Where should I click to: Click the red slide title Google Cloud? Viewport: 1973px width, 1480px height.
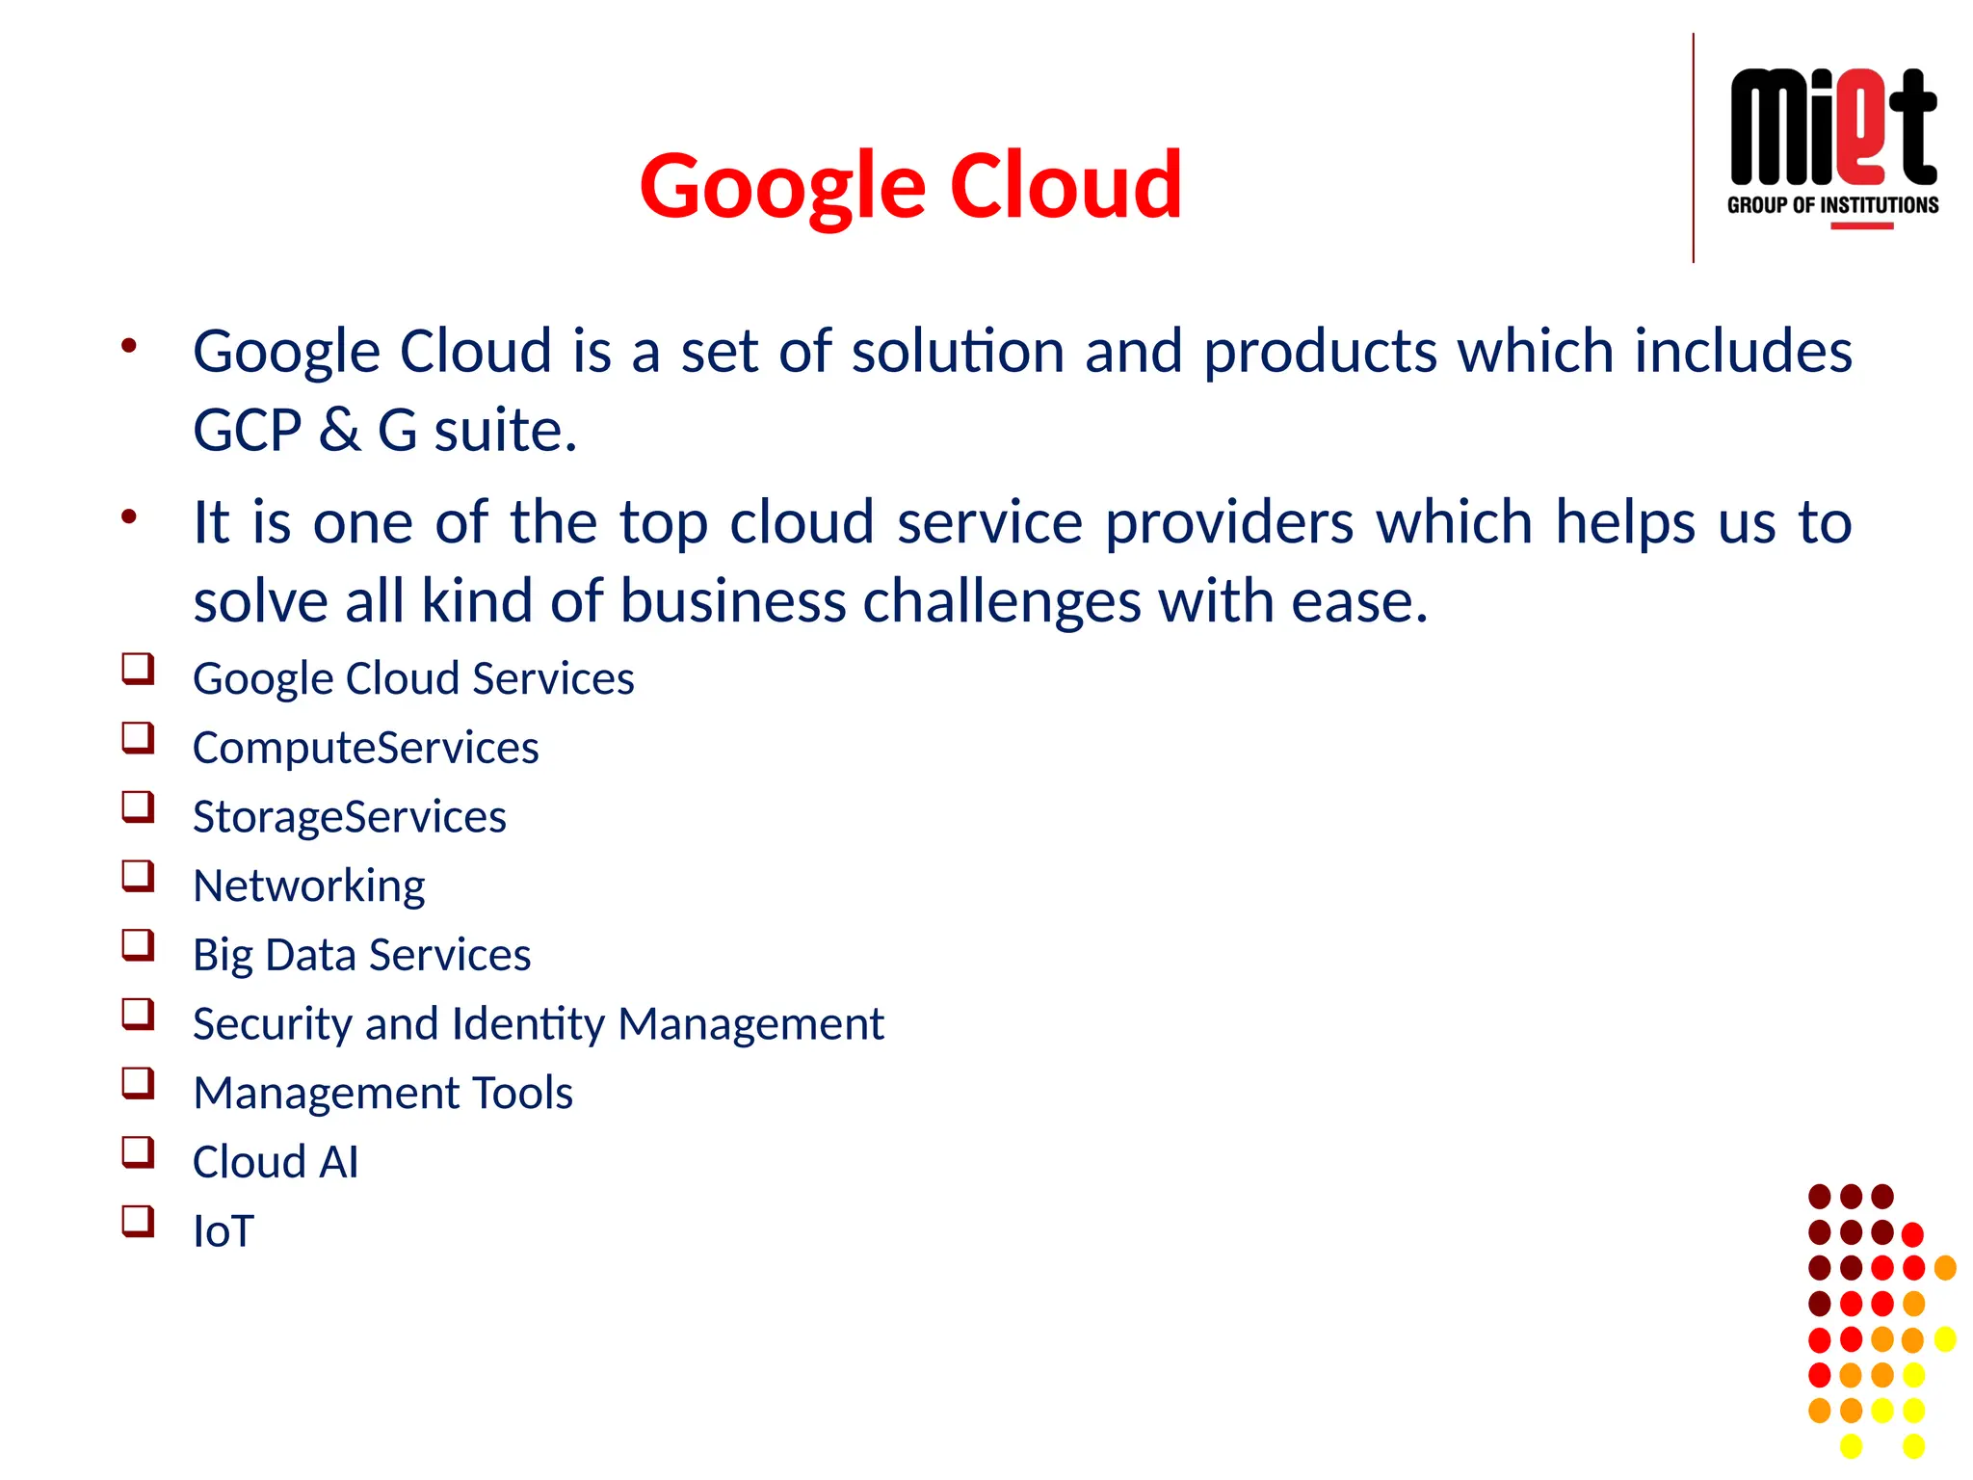(910, 185)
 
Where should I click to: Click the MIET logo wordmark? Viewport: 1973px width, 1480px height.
(1832, 127)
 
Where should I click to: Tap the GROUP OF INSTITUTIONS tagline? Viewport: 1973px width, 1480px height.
(1832, 205)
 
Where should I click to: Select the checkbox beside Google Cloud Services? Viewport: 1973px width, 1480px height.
(138, 669)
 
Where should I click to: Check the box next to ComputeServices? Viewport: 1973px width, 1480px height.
(138, 738)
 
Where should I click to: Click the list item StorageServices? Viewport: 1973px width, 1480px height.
(349, 817)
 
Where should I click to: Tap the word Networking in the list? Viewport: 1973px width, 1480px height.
(308, 885)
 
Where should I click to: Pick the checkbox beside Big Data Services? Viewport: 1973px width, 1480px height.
(138, 945)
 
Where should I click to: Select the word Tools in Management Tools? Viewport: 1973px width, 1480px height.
(523, 1093)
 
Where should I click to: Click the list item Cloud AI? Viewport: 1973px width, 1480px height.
(276, 1162)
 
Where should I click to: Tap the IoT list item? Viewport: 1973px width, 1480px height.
(223, 1231)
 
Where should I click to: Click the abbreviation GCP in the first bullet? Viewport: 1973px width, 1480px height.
(248, 430)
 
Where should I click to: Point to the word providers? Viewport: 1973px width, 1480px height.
(1227, 523)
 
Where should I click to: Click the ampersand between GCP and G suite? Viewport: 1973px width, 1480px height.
(340, 430)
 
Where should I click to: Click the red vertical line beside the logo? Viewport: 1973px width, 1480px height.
(1693, 147)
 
